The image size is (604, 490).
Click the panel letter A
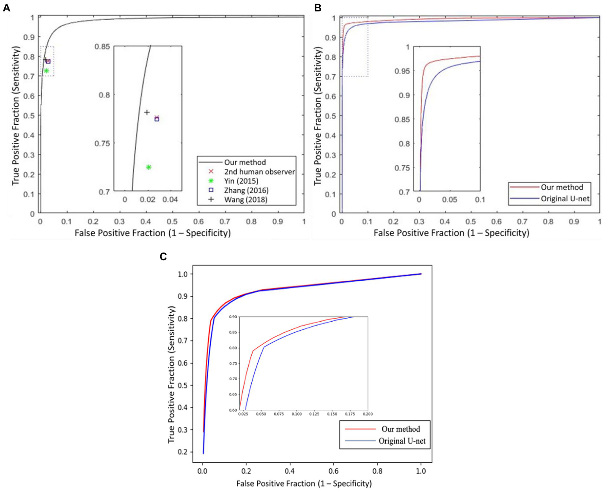(x=6, y=8)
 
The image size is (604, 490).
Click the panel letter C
(x=163, y=257)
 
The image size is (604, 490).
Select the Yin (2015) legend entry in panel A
(x=241, y=181)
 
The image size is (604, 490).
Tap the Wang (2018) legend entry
(x=246, y=199)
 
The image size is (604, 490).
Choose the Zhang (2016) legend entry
(x=246, y=190)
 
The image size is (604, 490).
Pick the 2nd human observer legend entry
(x=259, y=172)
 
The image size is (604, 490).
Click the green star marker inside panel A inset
(x=149, y=167)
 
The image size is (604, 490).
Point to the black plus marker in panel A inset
(x=147, y=112)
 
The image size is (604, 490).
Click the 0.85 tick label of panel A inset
(x=102, y=47)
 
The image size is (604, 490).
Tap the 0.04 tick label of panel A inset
(x=170, y=200)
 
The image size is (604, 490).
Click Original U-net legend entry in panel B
(x=565, y=199)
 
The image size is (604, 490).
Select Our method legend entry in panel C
(x=401, y=429)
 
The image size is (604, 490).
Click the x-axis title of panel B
(x=451, y=233)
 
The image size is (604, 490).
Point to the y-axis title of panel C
(x=171, y=375)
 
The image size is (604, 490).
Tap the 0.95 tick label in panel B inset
(x=402, y=71)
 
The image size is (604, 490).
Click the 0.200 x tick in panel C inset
(x=368, y=414)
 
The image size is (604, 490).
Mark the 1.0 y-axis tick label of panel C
(x=183, y=274)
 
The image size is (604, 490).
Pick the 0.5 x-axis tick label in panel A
(x=172, y=221)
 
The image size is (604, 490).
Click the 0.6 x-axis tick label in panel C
(x=333, y=471)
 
